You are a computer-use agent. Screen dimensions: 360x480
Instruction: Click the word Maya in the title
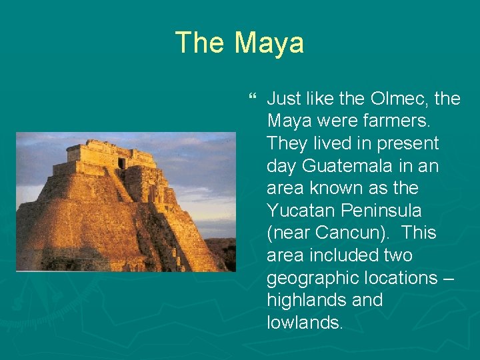269,43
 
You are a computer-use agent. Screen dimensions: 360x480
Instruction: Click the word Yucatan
299,211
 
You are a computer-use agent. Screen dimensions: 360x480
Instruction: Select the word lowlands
304,323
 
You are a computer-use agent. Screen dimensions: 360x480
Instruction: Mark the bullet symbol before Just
251,99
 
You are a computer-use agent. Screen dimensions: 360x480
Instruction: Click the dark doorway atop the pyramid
121,163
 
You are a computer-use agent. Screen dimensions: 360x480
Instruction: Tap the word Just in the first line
285,99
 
